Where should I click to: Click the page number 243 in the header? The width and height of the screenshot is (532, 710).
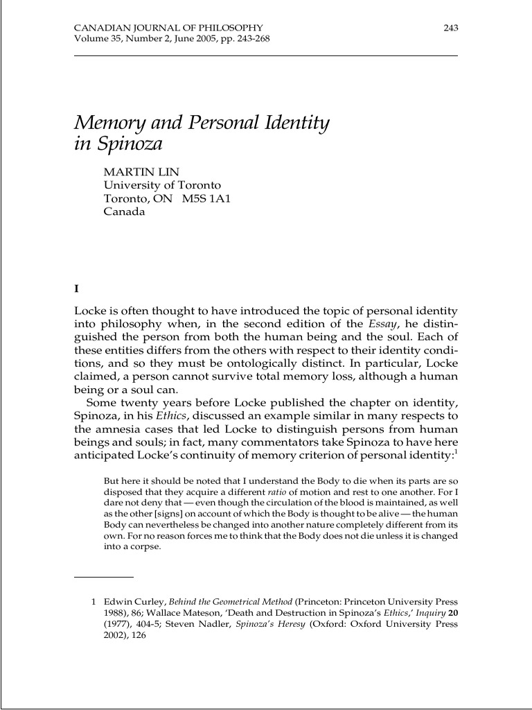coord(450,27)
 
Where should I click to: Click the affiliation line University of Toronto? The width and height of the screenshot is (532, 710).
coord(162,185)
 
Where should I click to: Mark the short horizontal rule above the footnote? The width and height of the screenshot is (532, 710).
coord(103,577)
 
